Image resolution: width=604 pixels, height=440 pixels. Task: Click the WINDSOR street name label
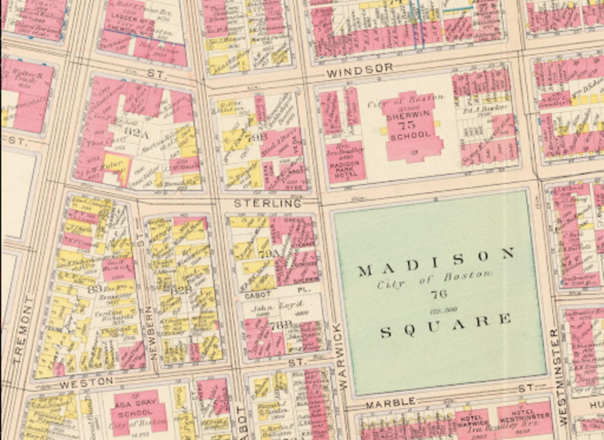[359, 71]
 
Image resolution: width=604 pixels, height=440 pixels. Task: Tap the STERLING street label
[268, 203]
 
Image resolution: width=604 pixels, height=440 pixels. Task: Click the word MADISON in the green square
[436, 263]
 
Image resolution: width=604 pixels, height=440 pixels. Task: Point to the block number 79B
[257, 136]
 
